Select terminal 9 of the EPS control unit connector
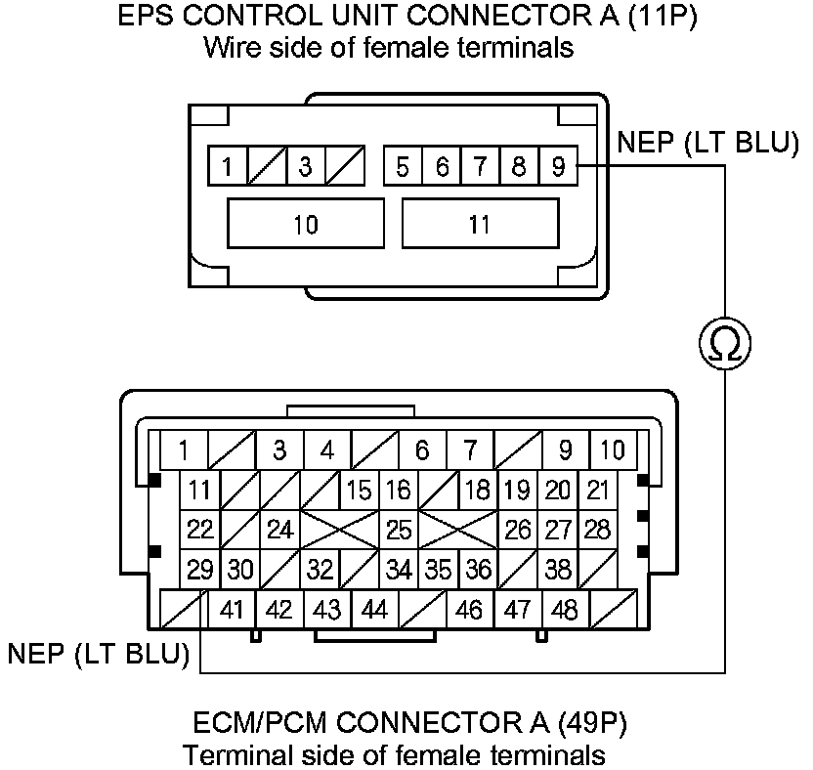pyautogui.click(x=558, y=167)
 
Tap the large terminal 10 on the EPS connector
pyautogui.click(x=305, y=225)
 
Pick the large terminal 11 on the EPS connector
pyautogui.click(x=479, y=225)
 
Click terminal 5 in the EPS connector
pyautogui.click(x=402, y=167)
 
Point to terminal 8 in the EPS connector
pyautogui.click(x=519, y=167)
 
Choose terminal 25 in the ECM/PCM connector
pyautogui.click(x=399, y=530)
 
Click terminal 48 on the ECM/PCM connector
pyautogui.click(x=565, y=610)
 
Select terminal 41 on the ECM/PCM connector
pyautogui.click(x=232, y=610)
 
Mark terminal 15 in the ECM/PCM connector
pyautogui.click(x=359, y=490)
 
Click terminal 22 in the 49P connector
pyautogui.click(x=200, y=530)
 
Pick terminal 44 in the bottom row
pyautogui.click(x=374, y=610)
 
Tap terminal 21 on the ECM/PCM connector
pyautogui.click(x=597, y=490)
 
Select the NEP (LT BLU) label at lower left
pyautogui.click(x=98, y=653)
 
